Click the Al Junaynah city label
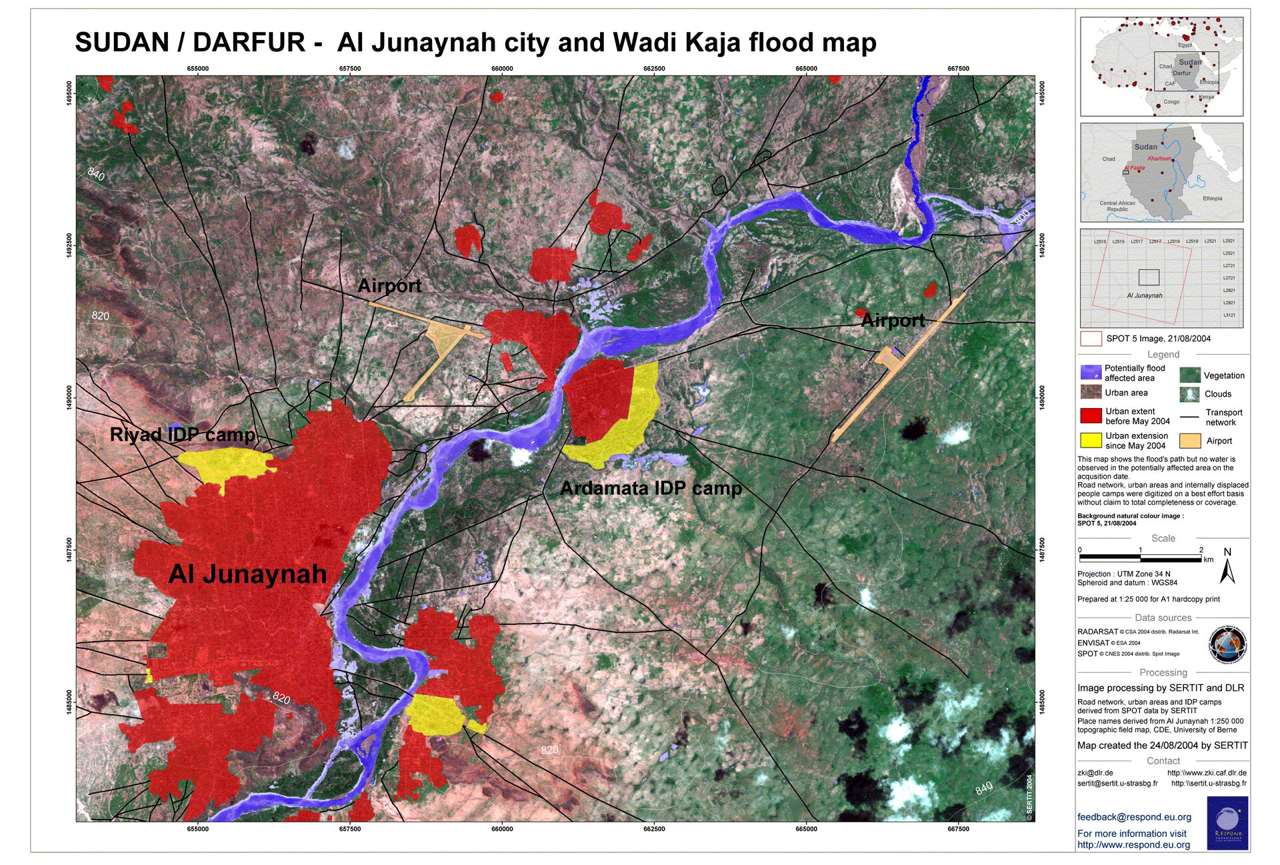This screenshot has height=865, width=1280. coord(247,574)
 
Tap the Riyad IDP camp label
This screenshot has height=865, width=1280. coord(183,435)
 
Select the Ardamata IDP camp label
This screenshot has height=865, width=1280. coord(651,488)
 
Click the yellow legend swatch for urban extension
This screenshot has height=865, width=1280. coord(1091,440)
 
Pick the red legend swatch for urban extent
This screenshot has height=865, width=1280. coord(1091,415)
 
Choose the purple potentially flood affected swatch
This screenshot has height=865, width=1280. coord(1091,372)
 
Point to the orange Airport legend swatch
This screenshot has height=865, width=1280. coord(1189,440)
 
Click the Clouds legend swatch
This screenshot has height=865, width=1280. coord(1189,393)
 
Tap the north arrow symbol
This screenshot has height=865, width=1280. coord(1227,567)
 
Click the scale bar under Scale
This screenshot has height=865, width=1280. coord(1140,558)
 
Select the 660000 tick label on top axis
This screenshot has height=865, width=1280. coord(502,69)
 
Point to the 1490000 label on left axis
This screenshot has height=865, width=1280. coord(69,397)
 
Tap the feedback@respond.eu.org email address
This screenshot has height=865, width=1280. coord(1134,817)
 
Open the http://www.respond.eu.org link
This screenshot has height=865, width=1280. coord(1133,845)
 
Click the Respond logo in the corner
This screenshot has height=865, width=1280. coord(1227,823)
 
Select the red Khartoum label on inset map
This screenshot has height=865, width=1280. coord(1159,159)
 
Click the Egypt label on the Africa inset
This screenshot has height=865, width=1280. coord(1185,45)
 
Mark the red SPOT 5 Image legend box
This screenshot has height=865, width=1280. coord(1091,338)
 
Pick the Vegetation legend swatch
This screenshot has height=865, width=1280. coord(1189,375)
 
